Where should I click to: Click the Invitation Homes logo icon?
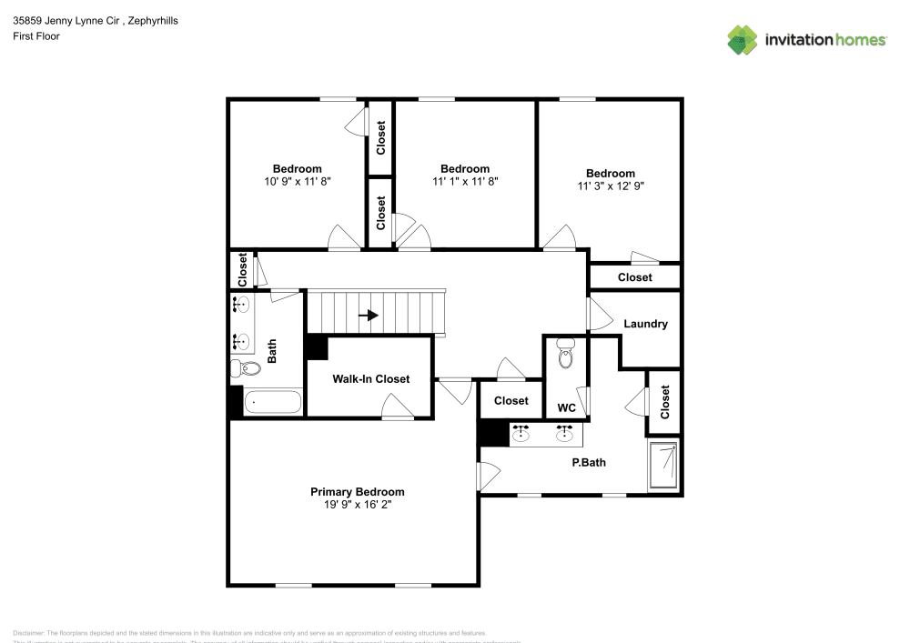coord(743,40)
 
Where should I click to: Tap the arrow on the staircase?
coord(369,316)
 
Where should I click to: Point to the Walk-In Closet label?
coord(370,379)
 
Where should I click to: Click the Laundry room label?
coord(645,324)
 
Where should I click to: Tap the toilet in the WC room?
coord(565,356)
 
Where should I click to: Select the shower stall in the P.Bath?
coord(664,466)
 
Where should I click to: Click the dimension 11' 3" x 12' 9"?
coord(610,186)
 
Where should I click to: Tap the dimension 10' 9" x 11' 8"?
coord(297,181)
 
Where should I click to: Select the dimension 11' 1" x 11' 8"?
coord(464,181)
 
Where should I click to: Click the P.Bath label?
coord(589,462)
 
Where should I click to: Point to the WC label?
coord(565,407)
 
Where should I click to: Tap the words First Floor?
coord(36,36)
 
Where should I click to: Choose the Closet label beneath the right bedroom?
coord(634,277)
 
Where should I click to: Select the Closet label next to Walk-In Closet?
coord(511,400)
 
